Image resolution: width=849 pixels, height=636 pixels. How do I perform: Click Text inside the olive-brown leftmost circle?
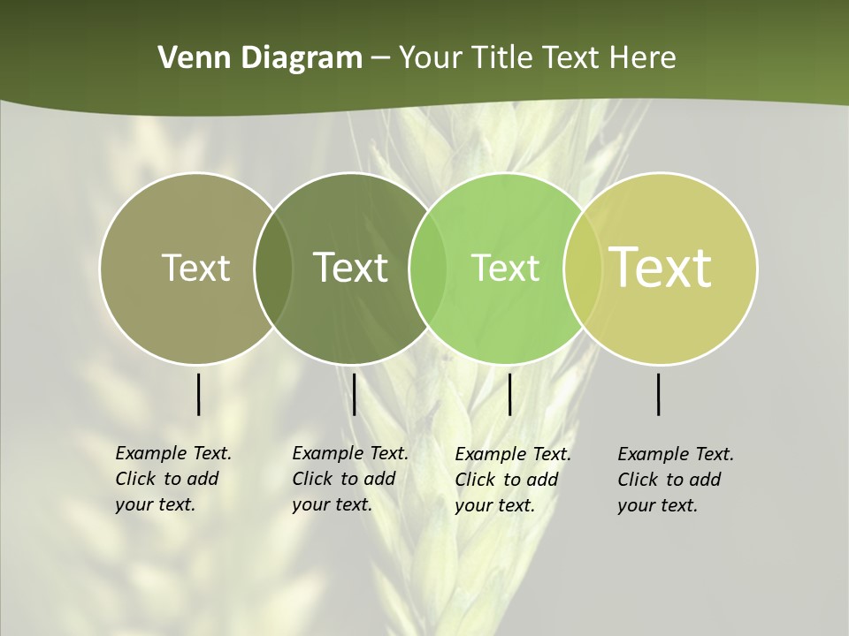(x=195, y=268)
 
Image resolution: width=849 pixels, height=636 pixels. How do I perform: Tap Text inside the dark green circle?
(x=350, y=268)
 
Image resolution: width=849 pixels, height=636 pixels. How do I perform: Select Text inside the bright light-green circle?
(x=505, y=268)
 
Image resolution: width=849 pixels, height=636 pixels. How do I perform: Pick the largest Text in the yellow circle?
(x=661, y=268)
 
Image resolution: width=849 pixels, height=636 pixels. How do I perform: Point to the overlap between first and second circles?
(x=273, y=269)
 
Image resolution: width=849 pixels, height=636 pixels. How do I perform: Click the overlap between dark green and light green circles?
(x=428, y=269)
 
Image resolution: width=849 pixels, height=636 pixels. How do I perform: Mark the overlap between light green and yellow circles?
(x=582, y=269)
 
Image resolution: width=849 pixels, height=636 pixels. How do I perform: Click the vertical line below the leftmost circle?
(x=199, y=394)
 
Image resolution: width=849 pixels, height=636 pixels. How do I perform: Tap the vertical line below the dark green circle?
(x=354, y=394)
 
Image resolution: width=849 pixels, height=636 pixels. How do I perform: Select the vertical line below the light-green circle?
(x=509, y=394)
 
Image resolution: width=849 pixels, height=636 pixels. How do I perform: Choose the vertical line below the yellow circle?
(x=659, y=394)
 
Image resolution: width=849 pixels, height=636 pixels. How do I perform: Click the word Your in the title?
(x=431, y=58)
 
